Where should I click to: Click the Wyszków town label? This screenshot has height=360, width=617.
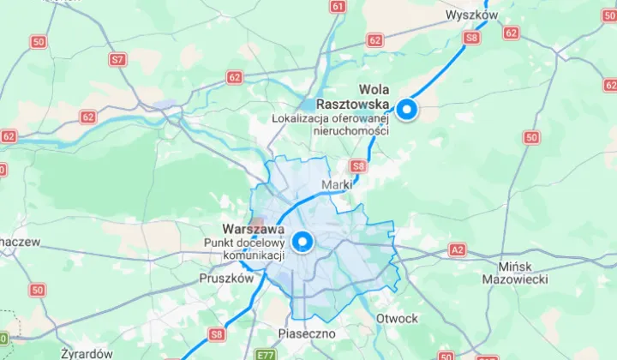click(x=472, y=15)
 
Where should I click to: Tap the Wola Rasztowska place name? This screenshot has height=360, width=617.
click(x=374, y=97)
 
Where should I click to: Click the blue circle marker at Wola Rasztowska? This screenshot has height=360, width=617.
click(x=405, y=110)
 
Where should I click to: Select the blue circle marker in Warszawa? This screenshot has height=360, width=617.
click(x=301, y=242)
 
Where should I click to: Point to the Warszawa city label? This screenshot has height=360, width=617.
click(x=253, y=229)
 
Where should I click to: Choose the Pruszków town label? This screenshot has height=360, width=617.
click(x=226, y=278)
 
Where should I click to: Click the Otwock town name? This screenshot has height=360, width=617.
click(x=397, y=318)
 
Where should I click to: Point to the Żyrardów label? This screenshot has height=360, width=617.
click(x=87, y=352)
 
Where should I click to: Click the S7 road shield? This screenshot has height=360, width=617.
click(x=117, y=59)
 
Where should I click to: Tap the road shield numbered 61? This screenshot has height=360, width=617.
click(x=337, y=7)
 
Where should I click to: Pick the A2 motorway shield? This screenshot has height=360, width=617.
click(x=457, y=250)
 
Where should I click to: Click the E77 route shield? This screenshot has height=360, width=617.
click(x=267, y=353)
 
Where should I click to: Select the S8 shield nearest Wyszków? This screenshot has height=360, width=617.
click(x=471, y=38)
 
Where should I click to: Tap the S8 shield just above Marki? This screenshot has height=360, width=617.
click(x=358, y=166)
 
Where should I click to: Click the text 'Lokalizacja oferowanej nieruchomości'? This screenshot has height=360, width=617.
click(x=330, y=124)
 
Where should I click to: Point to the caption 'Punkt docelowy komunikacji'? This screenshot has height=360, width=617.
click(x=243, y=249)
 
